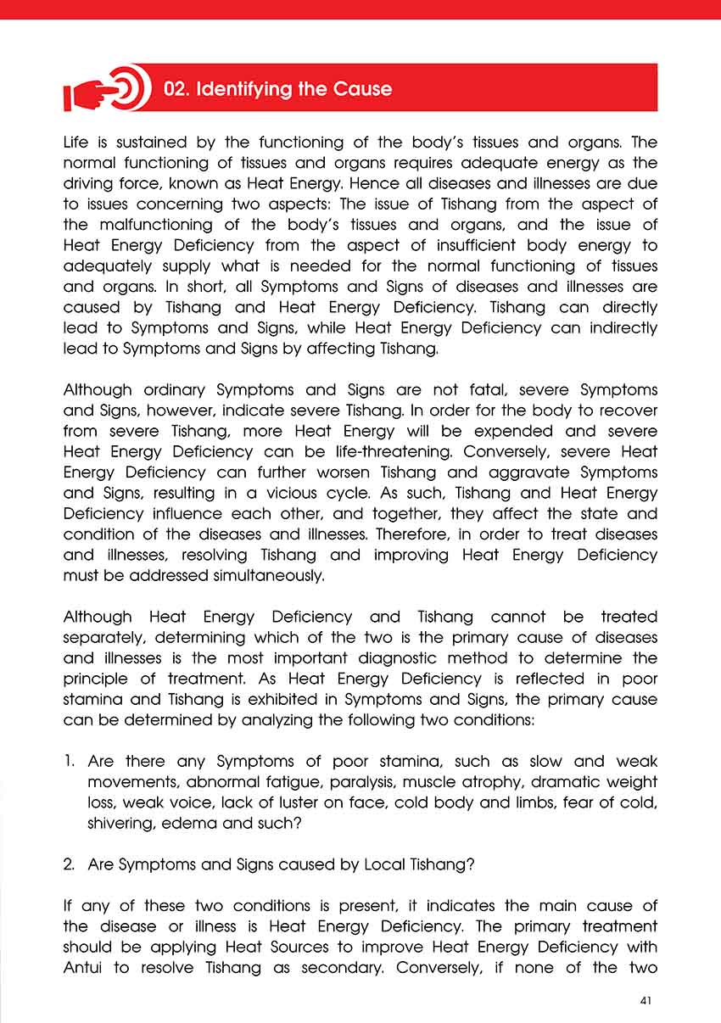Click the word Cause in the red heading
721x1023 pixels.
[361, 89]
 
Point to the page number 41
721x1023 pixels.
[646, 1001]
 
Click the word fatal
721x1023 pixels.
[472, 390]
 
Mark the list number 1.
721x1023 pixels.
[69, 761]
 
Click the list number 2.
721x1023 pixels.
[70, 864]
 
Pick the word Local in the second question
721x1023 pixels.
[385, 864]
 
